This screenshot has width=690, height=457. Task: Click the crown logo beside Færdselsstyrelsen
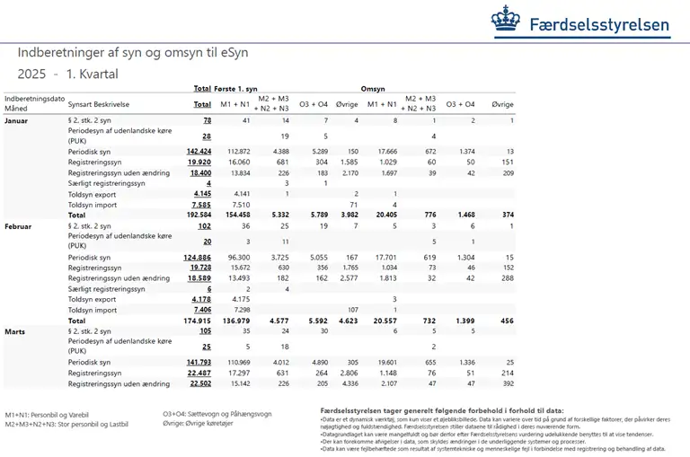(x=506, y=20)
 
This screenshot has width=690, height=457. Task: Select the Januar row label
(x=19, y=119)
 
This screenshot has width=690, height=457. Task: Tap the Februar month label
(x=20, y=227)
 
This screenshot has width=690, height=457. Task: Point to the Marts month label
(x=17, y=331)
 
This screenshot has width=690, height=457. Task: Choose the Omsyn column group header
(x=373, y=89)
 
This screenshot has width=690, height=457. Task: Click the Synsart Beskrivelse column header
(x=99, y=104)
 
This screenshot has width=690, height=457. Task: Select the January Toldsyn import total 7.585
(x=201, y=204)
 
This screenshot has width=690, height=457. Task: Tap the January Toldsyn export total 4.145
(x=201, y=193)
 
